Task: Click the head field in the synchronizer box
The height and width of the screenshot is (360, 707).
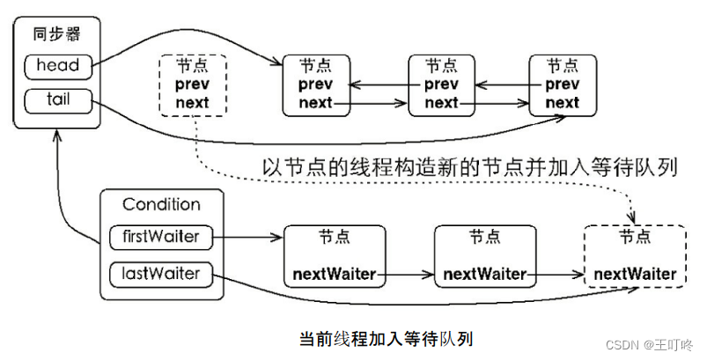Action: [58, 65]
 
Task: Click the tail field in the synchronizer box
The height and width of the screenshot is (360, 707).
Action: [58, 99]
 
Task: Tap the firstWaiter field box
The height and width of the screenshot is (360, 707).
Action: [161, 237]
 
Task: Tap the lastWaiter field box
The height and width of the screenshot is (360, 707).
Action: [161, 273]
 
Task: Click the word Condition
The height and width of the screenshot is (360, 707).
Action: [161, 204]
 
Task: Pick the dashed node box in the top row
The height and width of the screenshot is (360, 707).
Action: [192, 84]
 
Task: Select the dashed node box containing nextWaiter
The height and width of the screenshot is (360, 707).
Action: [635, 255]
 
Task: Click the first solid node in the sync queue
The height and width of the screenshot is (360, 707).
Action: [315, 84]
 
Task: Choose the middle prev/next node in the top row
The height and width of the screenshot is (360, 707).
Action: [441, 84]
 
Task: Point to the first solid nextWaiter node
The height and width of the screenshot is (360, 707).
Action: [335, 255]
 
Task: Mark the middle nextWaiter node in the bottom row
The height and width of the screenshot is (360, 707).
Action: [485, 255]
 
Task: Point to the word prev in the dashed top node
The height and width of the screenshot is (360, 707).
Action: [192, 84]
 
